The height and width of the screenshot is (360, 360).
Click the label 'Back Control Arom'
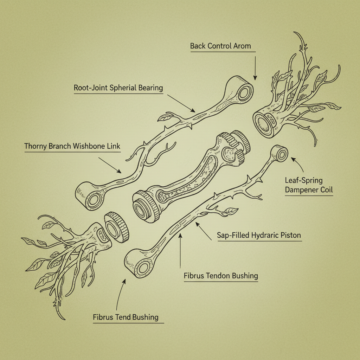221,46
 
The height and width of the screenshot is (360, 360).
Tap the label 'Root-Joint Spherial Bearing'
118,88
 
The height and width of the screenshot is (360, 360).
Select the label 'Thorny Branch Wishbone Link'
72,146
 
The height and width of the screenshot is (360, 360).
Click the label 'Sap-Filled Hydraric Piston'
259,236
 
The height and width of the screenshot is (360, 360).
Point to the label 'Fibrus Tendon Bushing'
220,276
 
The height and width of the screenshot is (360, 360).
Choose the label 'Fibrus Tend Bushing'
126,317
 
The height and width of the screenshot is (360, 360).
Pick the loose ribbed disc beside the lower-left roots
116,227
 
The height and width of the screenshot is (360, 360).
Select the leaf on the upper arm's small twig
164,117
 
